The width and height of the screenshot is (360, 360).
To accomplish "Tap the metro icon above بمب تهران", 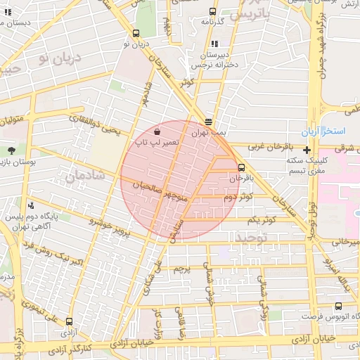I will pos(208,121).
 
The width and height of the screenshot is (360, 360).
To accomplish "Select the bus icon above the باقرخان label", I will pos(242,167).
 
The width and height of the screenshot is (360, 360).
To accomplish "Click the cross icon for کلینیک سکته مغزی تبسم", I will pos(307,150).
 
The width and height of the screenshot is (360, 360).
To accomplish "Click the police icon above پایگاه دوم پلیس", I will pos(32,206).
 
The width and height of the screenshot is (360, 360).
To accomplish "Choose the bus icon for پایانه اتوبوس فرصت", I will pos(339,306).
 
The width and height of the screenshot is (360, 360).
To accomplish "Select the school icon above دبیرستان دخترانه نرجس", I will pos(212,44).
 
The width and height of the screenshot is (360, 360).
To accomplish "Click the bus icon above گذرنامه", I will pos(212,11).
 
